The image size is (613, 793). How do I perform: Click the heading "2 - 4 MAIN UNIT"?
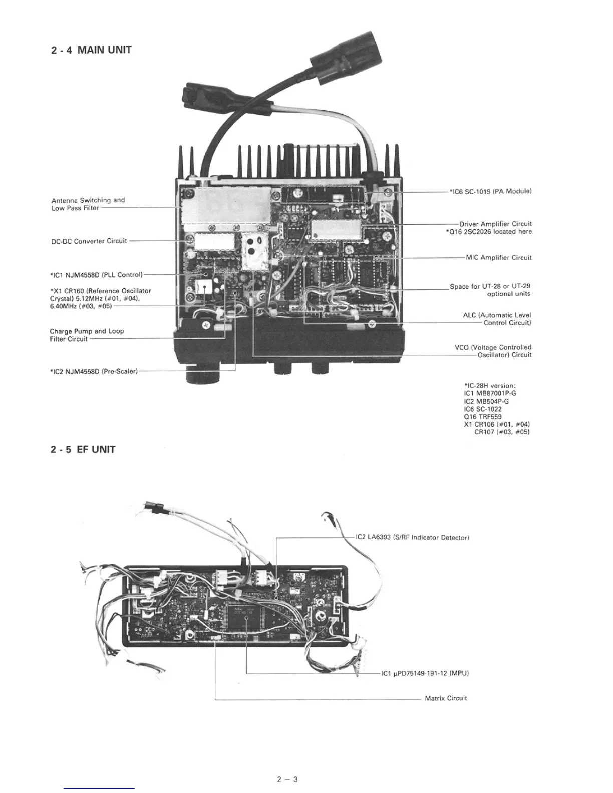pyautogui.click(x=91, y=50)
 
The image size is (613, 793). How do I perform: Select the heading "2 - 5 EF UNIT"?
pyautogui.click(x=83, y=449)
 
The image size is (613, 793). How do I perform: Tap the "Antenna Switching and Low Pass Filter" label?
pyautogui.click(x=88, y=204)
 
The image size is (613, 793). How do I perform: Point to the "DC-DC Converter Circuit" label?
pyautogui.click(x=89, y=241)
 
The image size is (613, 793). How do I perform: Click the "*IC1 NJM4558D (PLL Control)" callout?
pyautogui.click(x=97, y=275)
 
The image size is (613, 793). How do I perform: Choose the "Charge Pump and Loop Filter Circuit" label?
pyautogui.click(x=87, y=335)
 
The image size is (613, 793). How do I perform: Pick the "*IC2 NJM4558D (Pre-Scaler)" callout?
pyautogui.click(x=94, y=372)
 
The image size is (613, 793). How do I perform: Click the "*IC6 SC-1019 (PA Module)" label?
pyautogui.click(x=490, y=191)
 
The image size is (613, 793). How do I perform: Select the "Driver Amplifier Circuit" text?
pyautogui.click(x=495, y=224)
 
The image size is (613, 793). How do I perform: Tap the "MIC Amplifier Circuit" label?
pyautogui.click(x=498, y=258)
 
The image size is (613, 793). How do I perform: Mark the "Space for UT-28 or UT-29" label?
pyautogui.click(x=490, y=286)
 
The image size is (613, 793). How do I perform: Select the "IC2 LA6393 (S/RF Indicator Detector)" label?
pyautogui.click(x=412, y=538)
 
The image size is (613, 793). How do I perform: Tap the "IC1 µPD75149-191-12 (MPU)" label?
pyautogui.click(x=425, y=673)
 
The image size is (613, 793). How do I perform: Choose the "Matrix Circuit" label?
pyautogui.click(x=446, y=698)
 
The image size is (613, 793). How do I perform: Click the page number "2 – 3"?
pyautogui.click(x=287, y=779)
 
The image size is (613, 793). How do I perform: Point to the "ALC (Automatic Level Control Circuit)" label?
pyautogui.click(x=497, y=319)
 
